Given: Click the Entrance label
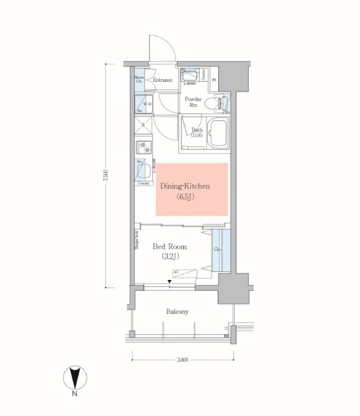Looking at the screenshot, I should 162,80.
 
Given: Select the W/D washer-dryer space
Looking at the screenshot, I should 143,103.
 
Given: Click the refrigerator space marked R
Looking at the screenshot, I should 144,125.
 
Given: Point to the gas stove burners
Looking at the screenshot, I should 143,147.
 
